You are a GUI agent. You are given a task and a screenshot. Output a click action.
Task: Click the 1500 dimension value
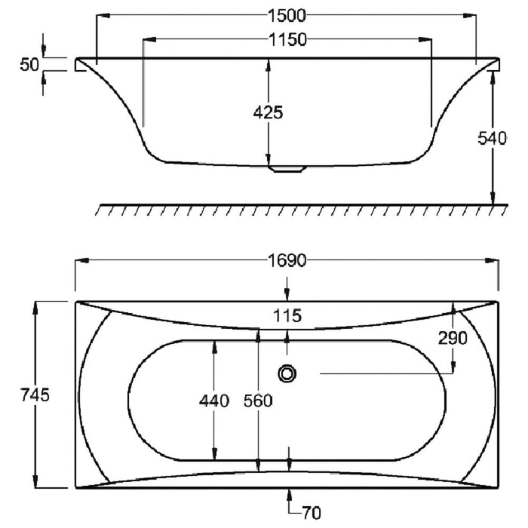click(287, 16)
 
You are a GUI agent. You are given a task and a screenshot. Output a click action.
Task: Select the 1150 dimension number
click(287, 40)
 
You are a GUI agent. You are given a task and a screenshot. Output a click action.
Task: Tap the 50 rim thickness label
click(29, 65)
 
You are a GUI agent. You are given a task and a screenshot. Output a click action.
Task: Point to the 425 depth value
click(268, 112)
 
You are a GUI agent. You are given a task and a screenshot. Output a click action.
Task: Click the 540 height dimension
click(492, 138)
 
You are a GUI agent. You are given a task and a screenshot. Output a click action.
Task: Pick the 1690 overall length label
click(287, 261)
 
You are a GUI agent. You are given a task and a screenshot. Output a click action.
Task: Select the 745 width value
click(35, 394)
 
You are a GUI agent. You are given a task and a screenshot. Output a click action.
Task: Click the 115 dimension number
click(287, 316)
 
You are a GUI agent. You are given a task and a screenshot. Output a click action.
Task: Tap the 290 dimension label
click(453, 338)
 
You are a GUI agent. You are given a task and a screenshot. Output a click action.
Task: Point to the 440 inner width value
click(214, 401)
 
